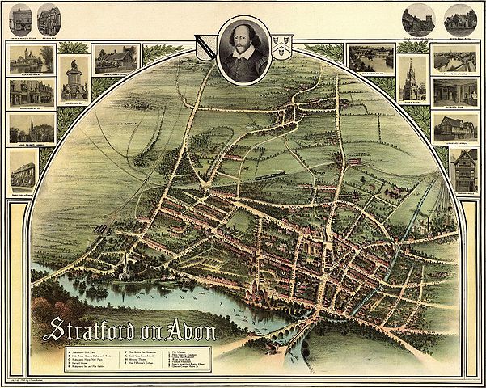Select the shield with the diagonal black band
point(207,49)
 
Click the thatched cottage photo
point(116,58)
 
